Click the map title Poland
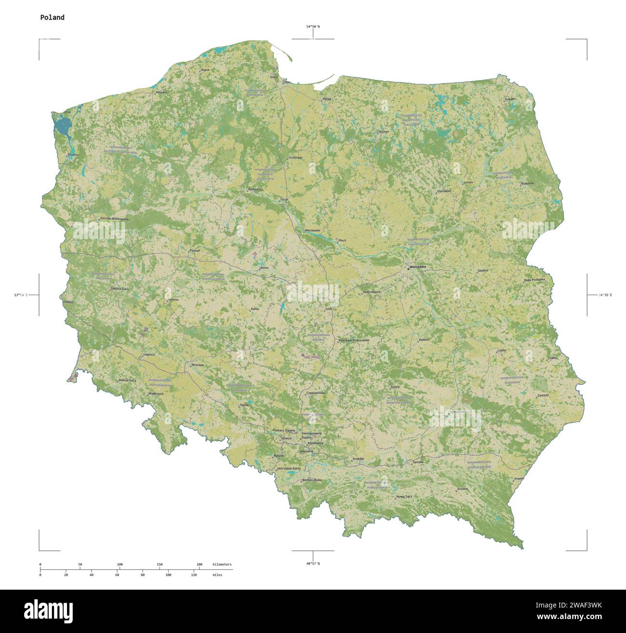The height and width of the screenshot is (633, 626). [x=52, y=17]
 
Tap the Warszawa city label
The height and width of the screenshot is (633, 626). [x=417, y=267]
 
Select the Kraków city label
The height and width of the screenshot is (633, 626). [x=358, y=459]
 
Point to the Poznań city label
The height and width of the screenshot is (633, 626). [x=195, y=251]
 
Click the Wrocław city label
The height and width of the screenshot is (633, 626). [x=197, y=365]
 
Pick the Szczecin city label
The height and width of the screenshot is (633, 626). [x=73, y=155]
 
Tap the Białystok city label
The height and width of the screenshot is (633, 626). [x=528, y=183]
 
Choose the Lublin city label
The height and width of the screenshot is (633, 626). [x=502, y=350]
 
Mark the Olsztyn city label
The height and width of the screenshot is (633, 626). [x=383, y=131]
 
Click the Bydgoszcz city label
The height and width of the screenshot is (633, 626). [x=255, y=189]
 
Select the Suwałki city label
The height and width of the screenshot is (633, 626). [x=509, y=99]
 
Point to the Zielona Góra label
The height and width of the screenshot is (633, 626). [x=119, y=289]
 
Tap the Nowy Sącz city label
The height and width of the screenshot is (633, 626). [x=404, y=496]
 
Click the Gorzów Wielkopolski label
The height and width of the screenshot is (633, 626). [x=115, y=219]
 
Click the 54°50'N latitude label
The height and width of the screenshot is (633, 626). [x=313, y=27]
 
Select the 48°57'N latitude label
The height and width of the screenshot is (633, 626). [x=313, y=563]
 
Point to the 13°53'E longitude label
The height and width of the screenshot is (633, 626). [x=21, y=295]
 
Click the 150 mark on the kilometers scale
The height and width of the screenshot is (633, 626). [x=159, y=564]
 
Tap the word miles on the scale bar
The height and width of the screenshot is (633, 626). [x=217, y=575]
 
